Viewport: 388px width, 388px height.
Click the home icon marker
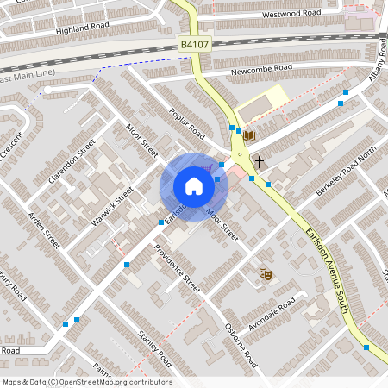(194, 185)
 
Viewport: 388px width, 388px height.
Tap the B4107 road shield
(195, 44)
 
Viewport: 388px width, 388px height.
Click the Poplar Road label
(186, 124)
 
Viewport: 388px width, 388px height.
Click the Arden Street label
(43, 229)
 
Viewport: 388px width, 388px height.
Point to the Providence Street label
(177, 268)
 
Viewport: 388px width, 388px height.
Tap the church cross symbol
(259, 161)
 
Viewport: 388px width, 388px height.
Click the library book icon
(249, 136)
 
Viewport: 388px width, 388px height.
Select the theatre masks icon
(266, 274)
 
